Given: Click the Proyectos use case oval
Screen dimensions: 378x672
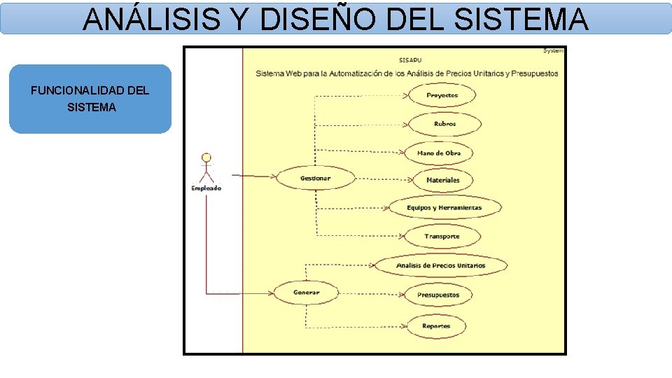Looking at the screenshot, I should pos(442,95).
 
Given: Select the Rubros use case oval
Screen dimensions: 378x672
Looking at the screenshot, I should pos(444,124).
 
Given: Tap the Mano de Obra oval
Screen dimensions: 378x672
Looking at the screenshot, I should pos(439,153).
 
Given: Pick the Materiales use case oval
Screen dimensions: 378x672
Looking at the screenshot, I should pos(442,180).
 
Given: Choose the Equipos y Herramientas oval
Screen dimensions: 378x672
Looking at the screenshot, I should pos(444,208).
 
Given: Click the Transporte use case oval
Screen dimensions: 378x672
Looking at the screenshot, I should pos(442,237).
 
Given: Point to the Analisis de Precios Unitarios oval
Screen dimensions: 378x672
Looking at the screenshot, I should pos(440,265).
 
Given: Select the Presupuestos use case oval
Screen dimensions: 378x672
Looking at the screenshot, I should pos(438,295).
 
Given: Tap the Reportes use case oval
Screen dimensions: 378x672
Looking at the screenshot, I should pos(435,326).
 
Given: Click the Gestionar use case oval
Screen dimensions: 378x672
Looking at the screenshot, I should pos(315,178).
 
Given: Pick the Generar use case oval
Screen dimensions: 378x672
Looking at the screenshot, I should pos(306,292).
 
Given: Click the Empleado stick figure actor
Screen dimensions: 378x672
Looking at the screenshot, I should pos(206,167).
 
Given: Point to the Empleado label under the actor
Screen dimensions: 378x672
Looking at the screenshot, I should pos(206,188).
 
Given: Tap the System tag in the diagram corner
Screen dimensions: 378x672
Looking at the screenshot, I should pos(553,50).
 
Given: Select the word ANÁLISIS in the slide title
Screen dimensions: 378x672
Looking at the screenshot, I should pos(155,19).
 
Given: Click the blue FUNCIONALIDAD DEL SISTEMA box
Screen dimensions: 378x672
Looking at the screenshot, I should pos(90,99).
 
